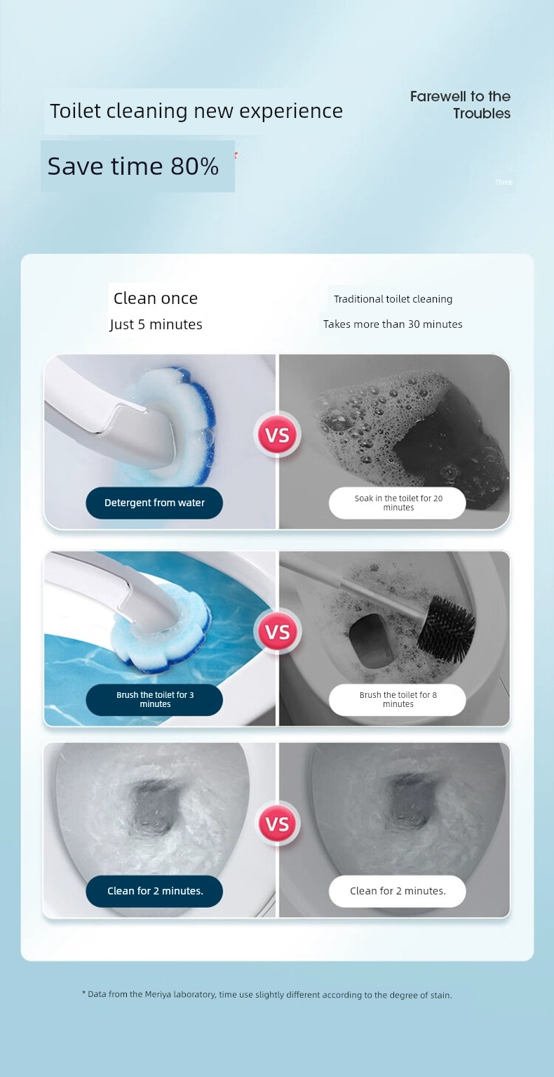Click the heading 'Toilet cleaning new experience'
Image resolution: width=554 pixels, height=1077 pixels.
click(x=196, y=111)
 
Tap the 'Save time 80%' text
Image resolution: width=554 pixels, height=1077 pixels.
click(x=133, y=166)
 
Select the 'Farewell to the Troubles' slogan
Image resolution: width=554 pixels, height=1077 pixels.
click(x=460, y=105)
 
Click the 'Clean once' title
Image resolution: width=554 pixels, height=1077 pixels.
click(x=156, y=298)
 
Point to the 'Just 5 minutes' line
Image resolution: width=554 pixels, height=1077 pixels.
click(x=156, y=324)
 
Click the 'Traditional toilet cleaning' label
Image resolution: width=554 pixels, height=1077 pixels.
click(x=393, y=299)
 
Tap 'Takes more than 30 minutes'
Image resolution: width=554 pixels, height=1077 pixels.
click(x=393, y=324)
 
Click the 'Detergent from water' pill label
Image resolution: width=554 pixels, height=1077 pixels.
click(x=154, y=503)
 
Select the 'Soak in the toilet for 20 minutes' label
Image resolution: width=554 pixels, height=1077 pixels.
click(x=398, y=503)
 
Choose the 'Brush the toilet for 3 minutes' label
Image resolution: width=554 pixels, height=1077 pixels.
click(x=154, y=699)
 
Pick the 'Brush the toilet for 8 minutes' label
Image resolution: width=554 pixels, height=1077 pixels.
click(x=398, y=699)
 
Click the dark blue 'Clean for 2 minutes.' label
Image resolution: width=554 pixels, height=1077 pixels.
click(x=154, y=891)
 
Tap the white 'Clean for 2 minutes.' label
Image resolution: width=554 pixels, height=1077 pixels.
click(x=398, y=891)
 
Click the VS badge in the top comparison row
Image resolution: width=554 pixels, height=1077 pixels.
click(x=277, y=435)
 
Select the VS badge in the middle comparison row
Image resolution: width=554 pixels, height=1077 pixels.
click(x=277, y=632)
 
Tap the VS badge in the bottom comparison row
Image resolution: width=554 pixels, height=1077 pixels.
click(x=277, y=824)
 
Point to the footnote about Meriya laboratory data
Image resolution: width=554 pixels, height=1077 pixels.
click(x=267, y=994)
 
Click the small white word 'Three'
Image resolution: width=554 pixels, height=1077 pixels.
click(x=504, y=182)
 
